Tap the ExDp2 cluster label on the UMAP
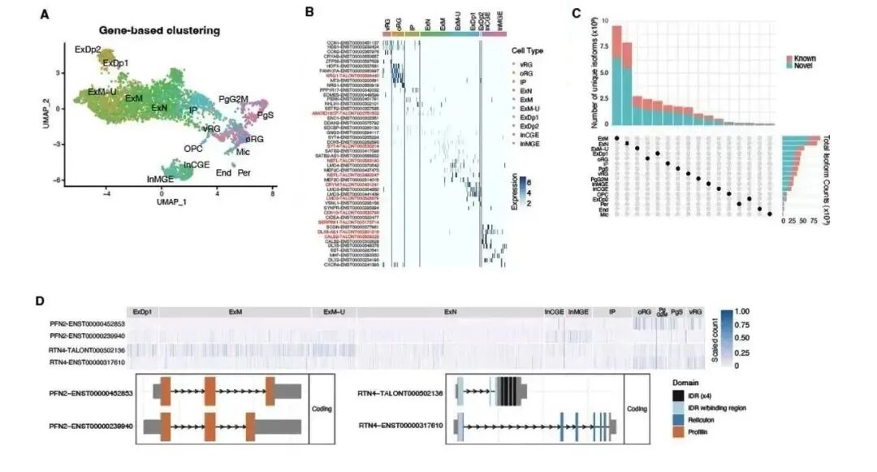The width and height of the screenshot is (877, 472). tap(88, 50)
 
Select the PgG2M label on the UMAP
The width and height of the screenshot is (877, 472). tap(234, 99)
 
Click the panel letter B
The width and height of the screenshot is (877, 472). tap(309, 13)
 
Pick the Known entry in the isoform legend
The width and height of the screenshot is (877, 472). tap(802, 59)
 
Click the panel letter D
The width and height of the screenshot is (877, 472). tap(40, 300)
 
